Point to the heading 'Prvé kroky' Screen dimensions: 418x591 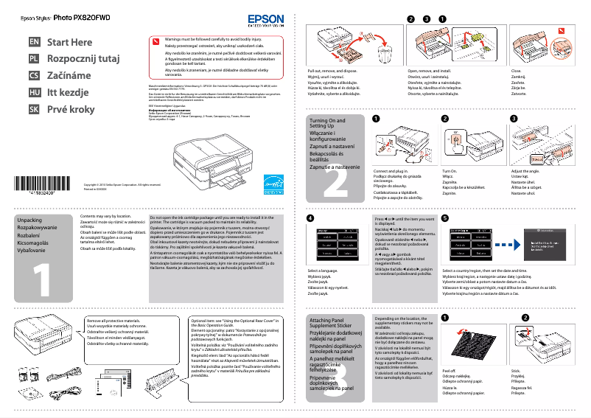click(71, 108)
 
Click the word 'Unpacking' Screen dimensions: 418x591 click(29, 220)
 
